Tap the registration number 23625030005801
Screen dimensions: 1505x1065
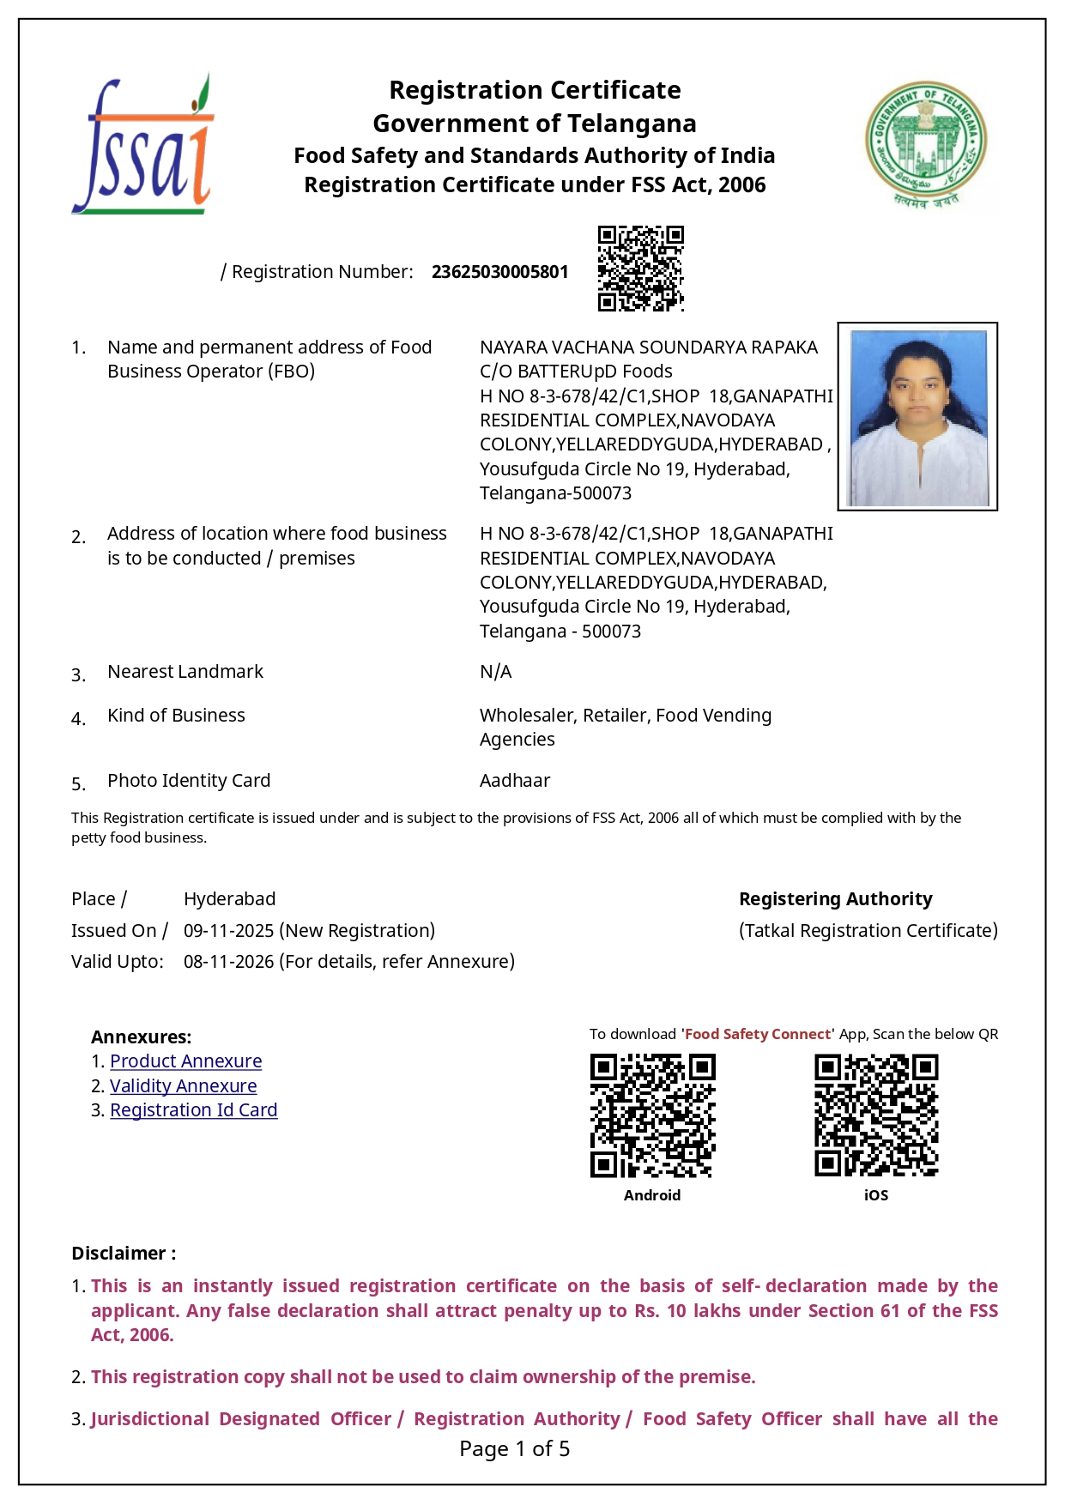click(x=499, y=272)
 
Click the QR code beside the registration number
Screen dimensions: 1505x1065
click(x=640, y=268)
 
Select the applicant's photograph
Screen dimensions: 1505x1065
click(x=917, y=417)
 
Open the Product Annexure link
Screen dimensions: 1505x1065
click(x=185, y=1061)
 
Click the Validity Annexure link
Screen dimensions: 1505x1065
click(x=183, y=1086)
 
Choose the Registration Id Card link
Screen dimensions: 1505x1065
click(x=193, y=1110)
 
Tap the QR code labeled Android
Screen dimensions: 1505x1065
click(x=652, y=1115)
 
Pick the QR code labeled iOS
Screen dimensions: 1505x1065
click(x=876, y=1115)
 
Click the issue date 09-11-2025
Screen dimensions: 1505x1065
click(x=229, y=931)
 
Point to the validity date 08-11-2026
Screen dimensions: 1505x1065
click(x=229, y=962)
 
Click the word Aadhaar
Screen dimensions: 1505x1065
click(x=515, y=781)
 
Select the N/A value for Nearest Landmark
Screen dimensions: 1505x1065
click(x=495, y=672)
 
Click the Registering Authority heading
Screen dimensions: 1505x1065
click(x=835, y=899)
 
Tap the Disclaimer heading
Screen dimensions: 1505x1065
click(x=124, y=1254)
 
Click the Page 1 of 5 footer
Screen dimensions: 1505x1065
click(x=514, y=1449)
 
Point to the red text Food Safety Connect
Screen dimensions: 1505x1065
click(x=757, y=1035)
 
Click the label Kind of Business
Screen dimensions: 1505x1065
click(x=176, y=716)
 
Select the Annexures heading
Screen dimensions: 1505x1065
click(x=141, y=1037)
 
